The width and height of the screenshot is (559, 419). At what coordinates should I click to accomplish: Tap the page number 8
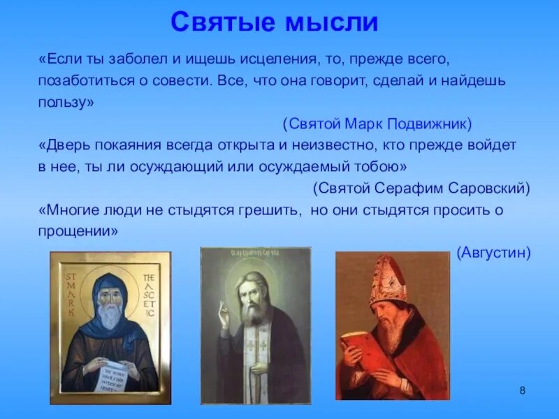(x=522, y=389)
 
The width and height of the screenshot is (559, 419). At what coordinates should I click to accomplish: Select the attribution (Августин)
(x=493, y=252)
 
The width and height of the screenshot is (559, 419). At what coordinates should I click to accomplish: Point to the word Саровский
(x=494, y=188)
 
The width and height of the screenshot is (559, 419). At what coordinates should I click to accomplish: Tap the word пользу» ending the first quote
(x=66, y=103)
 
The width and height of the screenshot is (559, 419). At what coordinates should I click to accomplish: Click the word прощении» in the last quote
(x=78, y=231)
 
